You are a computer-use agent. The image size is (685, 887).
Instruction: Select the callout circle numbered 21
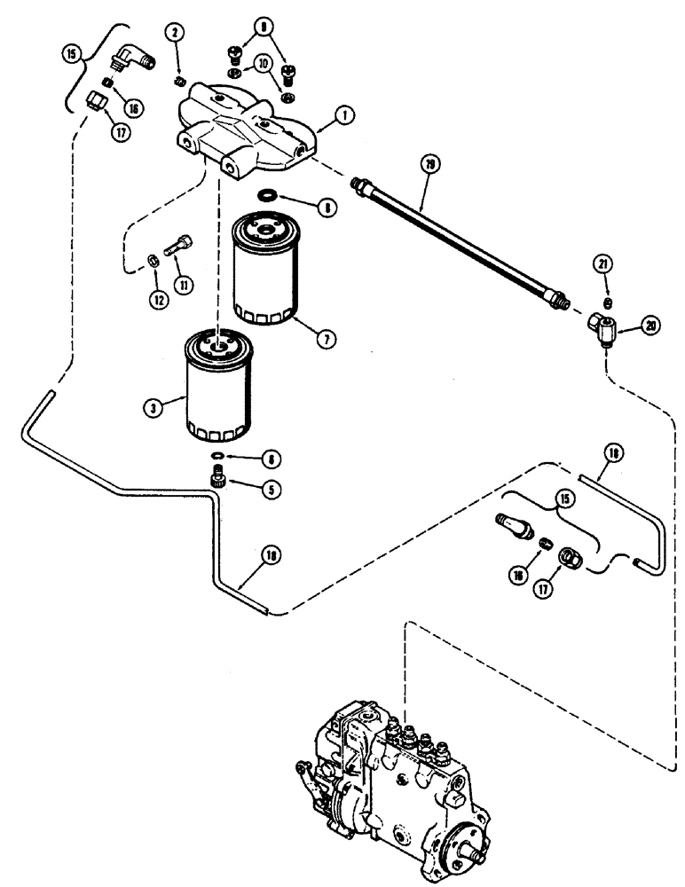604,263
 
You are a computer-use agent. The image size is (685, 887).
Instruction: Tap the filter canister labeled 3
220,388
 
